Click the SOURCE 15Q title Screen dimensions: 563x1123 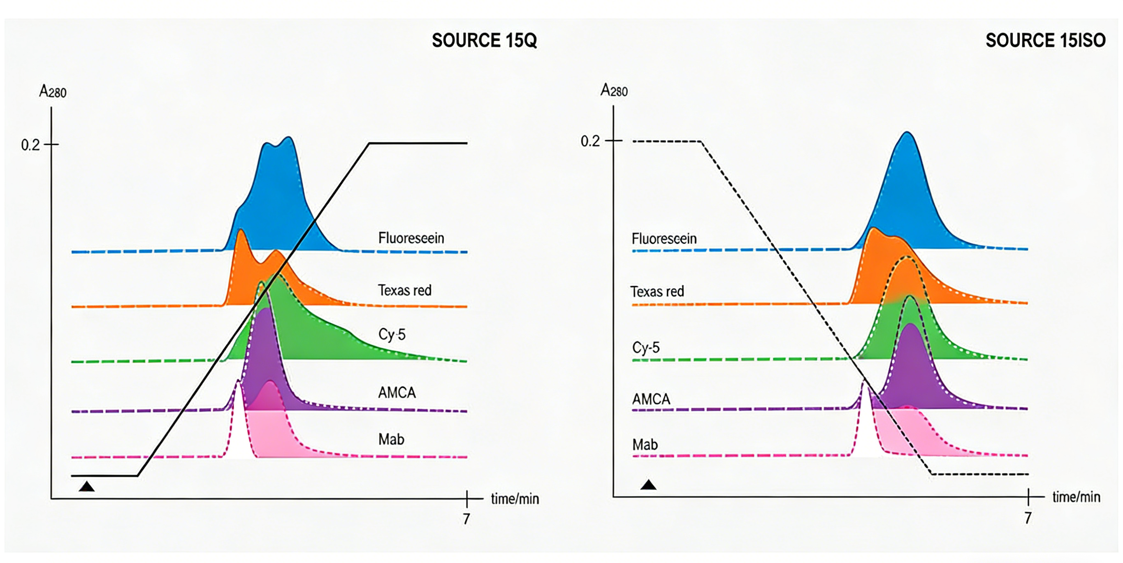tap(484, 41)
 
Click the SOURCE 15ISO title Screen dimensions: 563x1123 tap(1045, 41)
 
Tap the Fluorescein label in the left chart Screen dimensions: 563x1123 tap(411, 238)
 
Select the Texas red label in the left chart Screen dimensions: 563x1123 tap(404, 290)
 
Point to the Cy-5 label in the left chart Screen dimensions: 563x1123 tap(392, 334)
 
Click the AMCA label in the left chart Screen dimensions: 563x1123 tap(397, 393)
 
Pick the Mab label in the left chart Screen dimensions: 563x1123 tap(391, 439)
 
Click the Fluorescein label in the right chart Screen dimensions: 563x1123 tap(664, 239)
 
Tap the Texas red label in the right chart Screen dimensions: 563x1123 tap(657, 292)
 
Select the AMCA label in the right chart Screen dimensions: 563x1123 tap(651, 399)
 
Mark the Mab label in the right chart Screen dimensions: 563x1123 tap(645, 445)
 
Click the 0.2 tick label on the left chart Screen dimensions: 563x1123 tap(30, 145)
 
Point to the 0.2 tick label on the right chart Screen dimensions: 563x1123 tap(590, 141)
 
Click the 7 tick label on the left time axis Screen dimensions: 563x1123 tap(466, 519)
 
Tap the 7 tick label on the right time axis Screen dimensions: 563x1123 tap(1028, 518)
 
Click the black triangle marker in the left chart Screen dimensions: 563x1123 tap(87, 487)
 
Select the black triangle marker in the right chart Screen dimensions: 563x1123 tap(648, 484)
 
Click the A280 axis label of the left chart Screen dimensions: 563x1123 tap(53, 92)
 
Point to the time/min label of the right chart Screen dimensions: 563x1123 tap(1076, 497)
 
